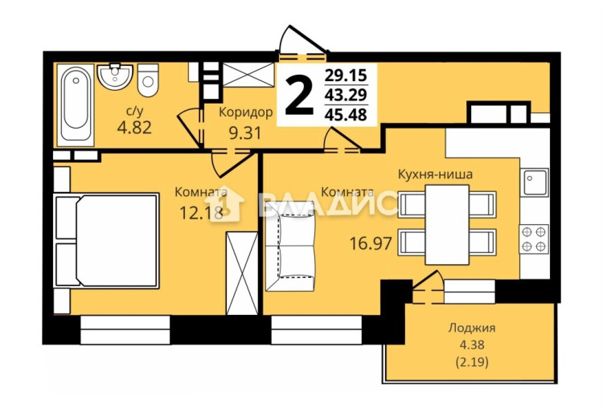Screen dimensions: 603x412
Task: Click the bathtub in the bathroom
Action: coord(76,105)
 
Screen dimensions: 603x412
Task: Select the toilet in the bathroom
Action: coord(148,80)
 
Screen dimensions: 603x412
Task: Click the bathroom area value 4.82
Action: coord(134,127)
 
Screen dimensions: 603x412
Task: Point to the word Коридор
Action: coord(246,112)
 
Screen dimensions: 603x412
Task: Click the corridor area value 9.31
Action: coord(245,133)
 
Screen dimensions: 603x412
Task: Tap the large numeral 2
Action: coord(299,96)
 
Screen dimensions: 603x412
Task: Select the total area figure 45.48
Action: coord(346,114)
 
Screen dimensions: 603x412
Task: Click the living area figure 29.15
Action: coord(346,75)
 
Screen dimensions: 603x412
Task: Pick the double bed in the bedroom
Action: coord(106,240)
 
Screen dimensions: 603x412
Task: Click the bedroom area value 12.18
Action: coord(202,212)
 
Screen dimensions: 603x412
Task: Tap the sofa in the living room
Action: coord(291,246)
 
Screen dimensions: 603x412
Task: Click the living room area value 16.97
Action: coord(371,243)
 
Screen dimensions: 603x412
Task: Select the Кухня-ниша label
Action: coord(435,174)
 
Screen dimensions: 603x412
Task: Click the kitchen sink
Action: coord(535,182)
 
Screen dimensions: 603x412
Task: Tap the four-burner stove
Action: coord(534,239)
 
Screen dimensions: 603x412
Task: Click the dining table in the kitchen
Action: coord(447,225)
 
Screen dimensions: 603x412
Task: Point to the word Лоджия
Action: coord(471,328)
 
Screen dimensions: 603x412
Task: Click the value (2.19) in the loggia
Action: coord(472,361)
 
